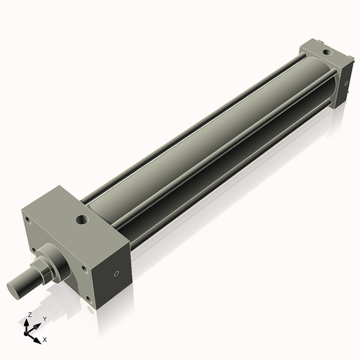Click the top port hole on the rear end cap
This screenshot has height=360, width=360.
coord(326,53)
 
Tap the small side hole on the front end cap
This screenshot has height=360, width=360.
coord(116,274)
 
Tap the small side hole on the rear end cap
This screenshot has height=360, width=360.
coord(346,83)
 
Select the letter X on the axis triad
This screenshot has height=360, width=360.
coord(45,340)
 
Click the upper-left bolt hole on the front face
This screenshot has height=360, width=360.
coord(28,220)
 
